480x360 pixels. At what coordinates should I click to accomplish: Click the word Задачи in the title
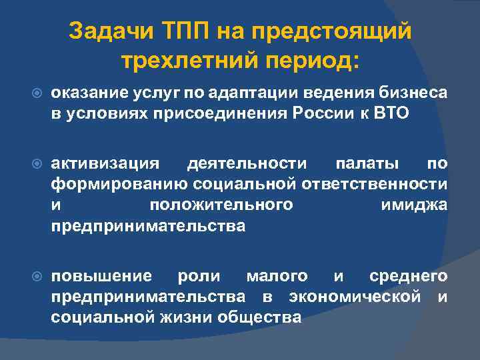click(x=111, y=31)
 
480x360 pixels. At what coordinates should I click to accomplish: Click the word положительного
click(x=221, y=205)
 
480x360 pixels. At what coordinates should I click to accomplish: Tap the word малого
click(x=277, y=276)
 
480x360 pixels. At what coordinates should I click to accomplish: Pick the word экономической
click(x=355, y=297)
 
